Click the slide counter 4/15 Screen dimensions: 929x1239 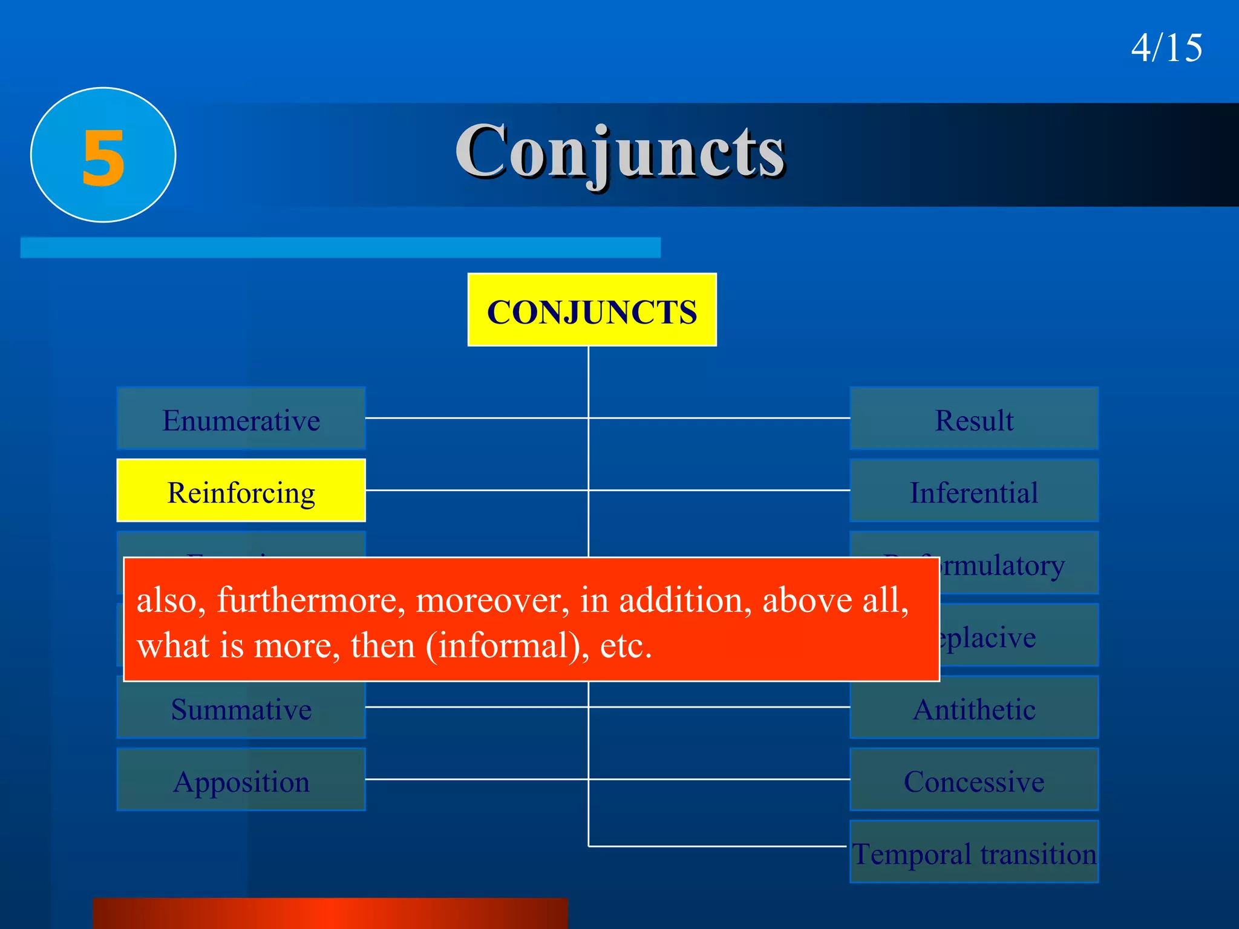(x=1166, y=48)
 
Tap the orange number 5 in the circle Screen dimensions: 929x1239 (x=103, y=157)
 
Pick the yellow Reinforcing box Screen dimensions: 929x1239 (x=241, y=491)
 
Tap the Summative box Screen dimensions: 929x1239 (x=241, y=709)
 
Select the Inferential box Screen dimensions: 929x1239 (x=974, y=491)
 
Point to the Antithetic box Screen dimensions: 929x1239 (x=974, y=709)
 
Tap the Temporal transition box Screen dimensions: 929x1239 (x=974, y=853)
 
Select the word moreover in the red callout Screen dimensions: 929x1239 (x=492, y=601)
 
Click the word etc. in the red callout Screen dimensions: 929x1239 (x=626, y=645)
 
